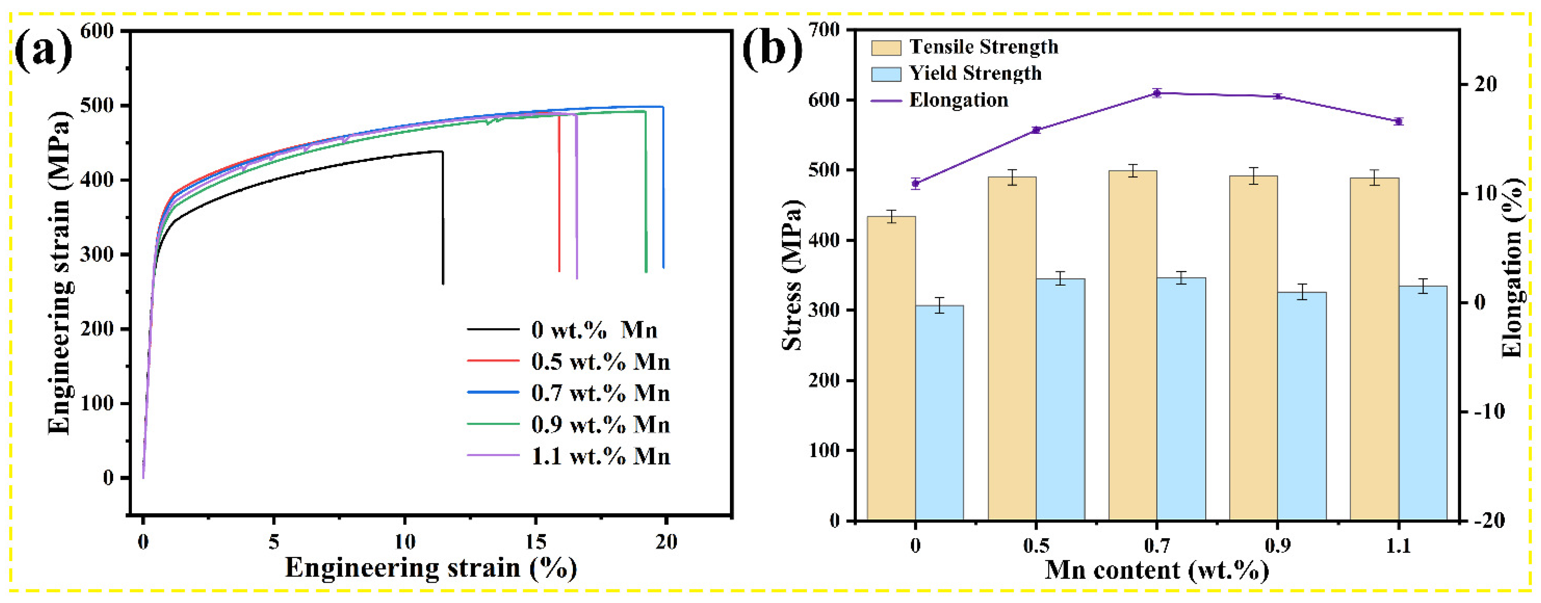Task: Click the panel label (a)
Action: click(x=43, y=51)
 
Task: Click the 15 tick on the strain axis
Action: click(x=536, y=542)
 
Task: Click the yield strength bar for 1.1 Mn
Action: click(x=1422, y=403)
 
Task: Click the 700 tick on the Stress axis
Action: click(x=824, y=29)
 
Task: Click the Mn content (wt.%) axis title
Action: click(x=1156, y=570)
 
